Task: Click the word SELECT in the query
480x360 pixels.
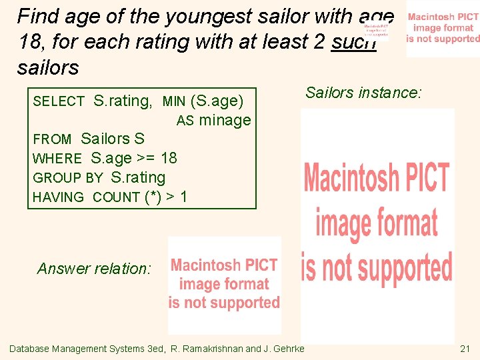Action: coord(59,101)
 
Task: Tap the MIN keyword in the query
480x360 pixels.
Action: coord(174,101)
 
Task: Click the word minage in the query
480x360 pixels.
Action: coord(225,121)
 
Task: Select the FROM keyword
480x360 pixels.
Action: coord(52,139)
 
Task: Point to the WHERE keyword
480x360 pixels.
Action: coord(57,159)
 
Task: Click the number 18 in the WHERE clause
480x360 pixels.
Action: coord(169,158)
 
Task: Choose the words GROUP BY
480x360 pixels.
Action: coord(67,178)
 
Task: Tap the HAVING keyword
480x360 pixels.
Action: coord(58,197)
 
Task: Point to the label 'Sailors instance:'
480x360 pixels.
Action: coord(363,93)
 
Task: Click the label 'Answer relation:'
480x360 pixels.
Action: coord(95,269)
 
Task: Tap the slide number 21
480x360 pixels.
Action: coord(465,349)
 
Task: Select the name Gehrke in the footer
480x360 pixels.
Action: coord(287,349)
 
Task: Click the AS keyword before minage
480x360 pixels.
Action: coord(184,121)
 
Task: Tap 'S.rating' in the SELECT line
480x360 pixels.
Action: coord(123,101)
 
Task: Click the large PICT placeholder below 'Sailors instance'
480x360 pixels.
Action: coord(377,223)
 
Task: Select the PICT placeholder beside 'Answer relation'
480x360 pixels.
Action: coord(224,285)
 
